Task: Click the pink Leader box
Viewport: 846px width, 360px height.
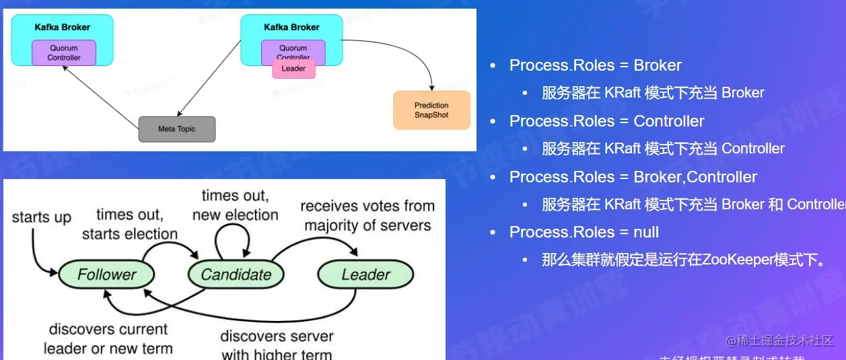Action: [293, 69]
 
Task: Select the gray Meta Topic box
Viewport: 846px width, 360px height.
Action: [177, 129]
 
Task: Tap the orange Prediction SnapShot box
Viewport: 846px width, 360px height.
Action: [431, 110]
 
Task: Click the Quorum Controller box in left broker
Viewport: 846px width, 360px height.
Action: [64, 53]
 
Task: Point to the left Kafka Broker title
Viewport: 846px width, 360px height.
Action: [63, 28]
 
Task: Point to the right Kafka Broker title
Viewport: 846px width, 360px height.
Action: [291, 28]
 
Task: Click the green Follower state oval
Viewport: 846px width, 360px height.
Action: [106, 275]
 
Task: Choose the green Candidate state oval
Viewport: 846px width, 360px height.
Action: [236, 275]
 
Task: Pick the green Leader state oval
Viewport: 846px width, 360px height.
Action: [365, 275]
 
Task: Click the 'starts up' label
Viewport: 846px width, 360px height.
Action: [41, 217]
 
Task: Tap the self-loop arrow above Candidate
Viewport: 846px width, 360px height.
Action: [233, 235]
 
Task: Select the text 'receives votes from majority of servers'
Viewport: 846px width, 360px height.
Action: [367, 215]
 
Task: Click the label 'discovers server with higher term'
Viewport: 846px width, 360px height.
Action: [277, 345]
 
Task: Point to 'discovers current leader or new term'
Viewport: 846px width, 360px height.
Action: [108, 339]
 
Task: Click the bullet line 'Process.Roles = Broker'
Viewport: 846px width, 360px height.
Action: [595, 65]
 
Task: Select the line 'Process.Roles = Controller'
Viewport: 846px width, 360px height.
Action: [606, 121]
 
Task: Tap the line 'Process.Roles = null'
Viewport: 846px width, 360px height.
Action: [584, 232]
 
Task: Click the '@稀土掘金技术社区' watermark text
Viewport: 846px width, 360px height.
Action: [779, 340]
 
